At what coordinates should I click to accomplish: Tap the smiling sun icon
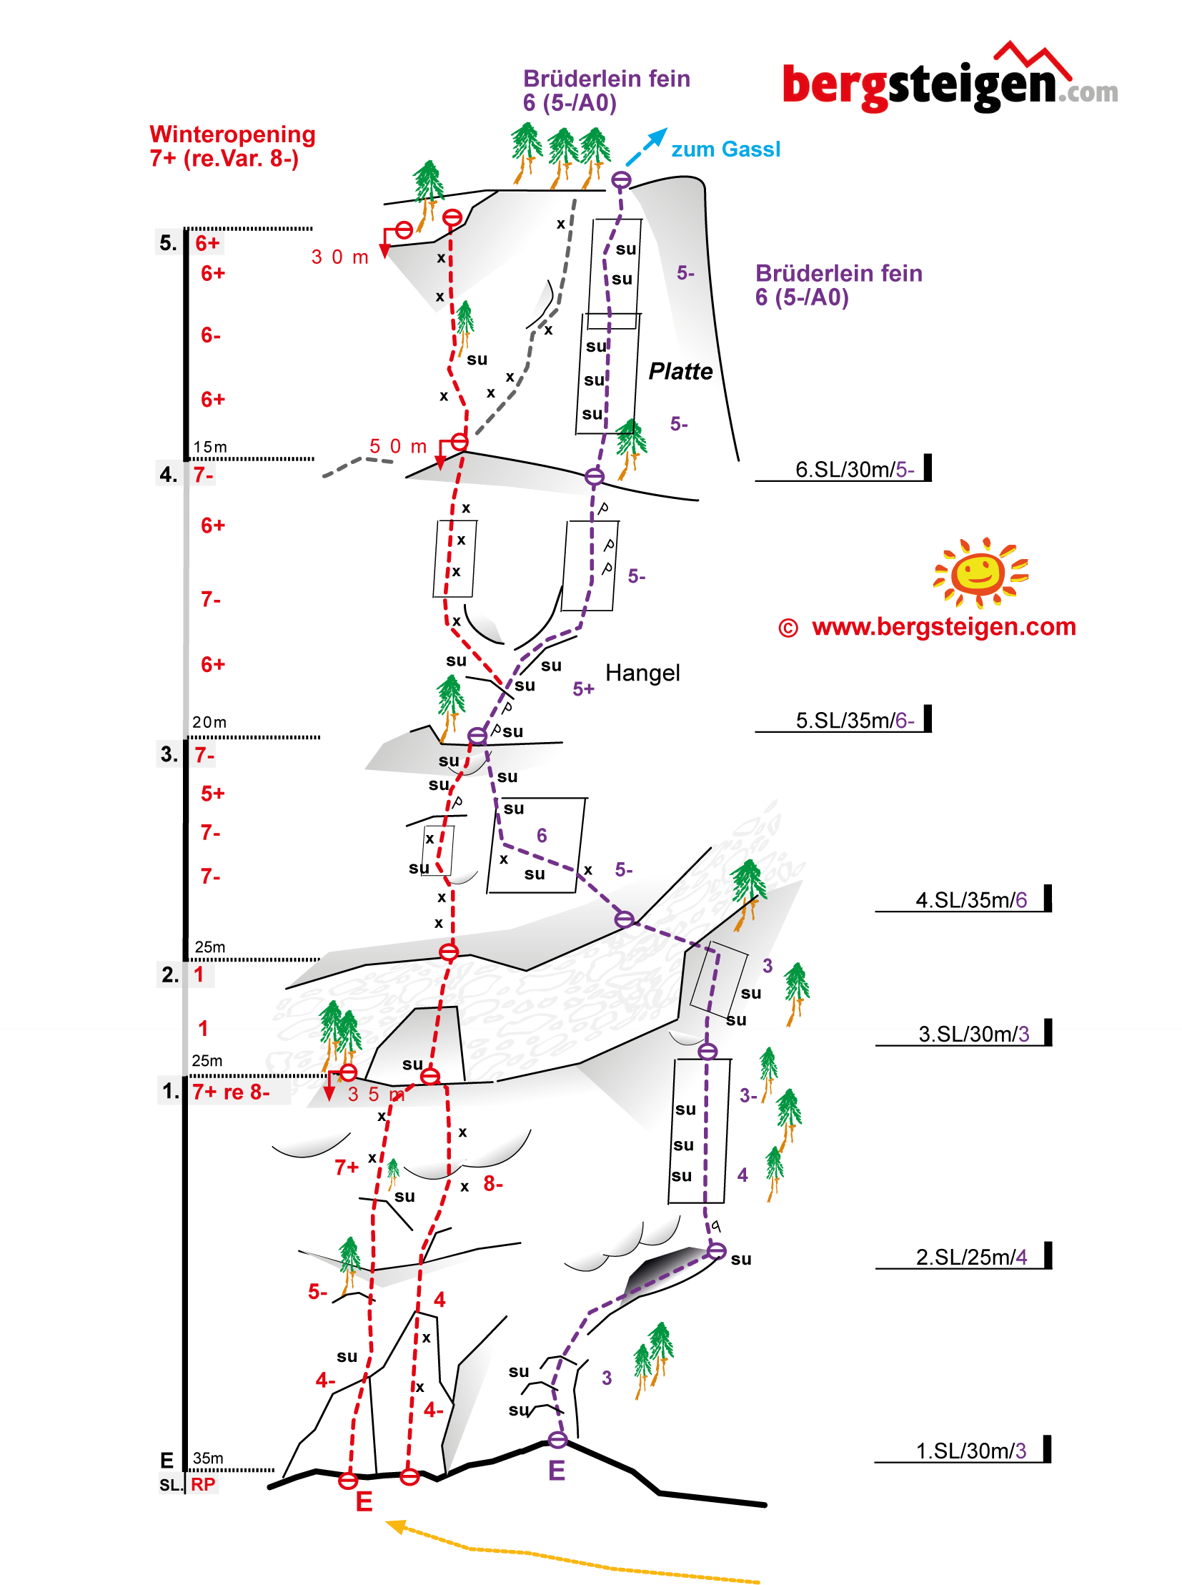980,572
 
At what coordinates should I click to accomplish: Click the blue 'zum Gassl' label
725,149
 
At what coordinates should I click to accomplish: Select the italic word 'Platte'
680,371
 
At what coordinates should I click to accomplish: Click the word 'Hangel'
642,672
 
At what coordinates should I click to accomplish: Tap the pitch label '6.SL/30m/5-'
854,469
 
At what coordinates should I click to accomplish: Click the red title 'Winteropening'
232,134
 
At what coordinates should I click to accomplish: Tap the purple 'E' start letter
556,1471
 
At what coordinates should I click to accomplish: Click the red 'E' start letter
364,1501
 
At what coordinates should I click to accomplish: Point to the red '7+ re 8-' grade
230,1092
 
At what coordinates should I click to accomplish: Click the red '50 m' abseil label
397,446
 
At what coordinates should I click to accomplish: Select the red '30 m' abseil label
339,257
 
